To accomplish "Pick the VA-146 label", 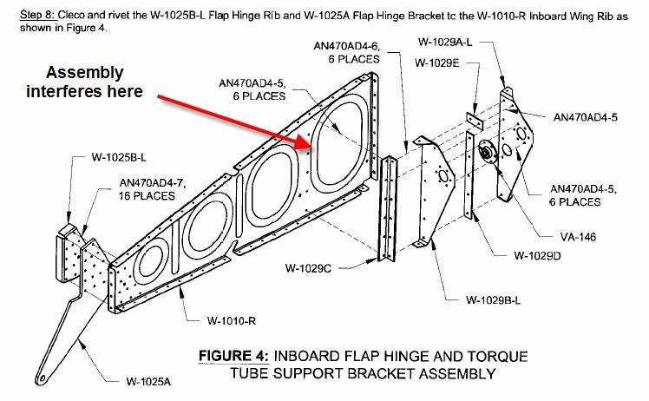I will (x=576, y=236).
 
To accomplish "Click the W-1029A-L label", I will (x=444, y=40).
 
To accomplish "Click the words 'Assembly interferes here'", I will (x=84, y=82).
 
